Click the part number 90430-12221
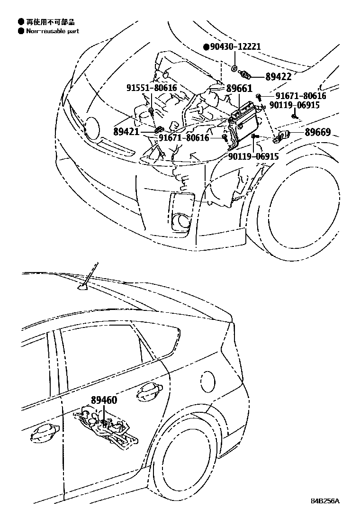click(x=235, y=46)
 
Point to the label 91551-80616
click(x=151, y=88)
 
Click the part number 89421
click(x=127, y=131)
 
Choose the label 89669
click(x=317, y=132)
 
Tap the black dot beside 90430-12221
click(x=206, y=47)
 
